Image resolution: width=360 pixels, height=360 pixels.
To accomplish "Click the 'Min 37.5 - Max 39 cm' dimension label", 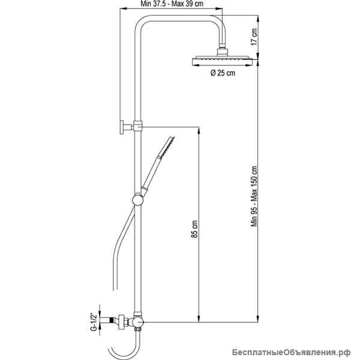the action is (172, 4).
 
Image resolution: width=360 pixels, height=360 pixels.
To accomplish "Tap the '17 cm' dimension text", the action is (254, 37).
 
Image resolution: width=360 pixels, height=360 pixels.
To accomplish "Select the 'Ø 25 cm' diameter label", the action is (223, 73).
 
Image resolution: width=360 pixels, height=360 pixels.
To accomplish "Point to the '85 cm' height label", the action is (194, 229).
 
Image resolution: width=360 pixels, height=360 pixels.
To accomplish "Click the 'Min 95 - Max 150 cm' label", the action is (254, 196).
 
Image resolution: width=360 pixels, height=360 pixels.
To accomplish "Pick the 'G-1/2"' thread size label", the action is (93, 322).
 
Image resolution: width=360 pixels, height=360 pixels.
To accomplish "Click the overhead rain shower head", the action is (222, 61).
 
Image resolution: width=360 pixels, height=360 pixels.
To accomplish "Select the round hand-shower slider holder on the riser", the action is (138, 200).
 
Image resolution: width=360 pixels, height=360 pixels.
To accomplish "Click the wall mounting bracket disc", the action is (122, 127).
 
